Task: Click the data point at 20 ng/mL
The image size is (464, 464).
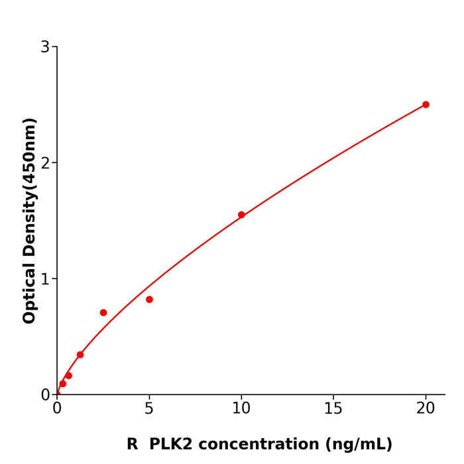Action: pos(426,105)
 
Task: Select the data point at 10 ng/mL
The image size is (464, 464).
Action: pos(241,215)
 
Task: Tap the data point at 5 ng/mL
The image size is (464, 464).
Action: pos(149,300)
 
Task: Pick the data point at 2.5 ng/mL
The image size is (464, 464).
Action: pos(103,313)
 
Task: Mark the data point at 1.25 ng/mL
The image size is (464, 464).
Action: pos(80,355)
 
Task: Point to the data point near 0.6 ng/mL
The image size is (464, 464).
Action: pos(68,376)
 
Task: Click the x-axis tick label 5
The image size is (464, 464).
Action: pos(149,409)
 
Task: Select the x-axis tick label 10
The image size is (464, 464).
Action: pos(241,409)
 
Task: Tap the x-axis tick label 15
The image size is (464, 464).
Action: pos(333,409)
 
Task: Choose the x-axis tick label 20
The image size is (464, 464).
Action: pos(426,409)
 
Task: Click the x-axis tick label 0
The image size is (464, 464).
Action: pos(57,409)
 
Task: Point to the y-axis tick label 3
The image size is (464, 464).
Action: pos(45,47)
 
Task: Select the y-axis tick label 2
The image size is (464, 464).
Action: pos(45,163)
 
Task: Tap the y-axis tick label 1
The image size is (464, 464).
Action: pos(45,279)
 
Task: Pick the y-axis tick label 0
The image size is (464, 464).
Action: pos(45,395)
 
